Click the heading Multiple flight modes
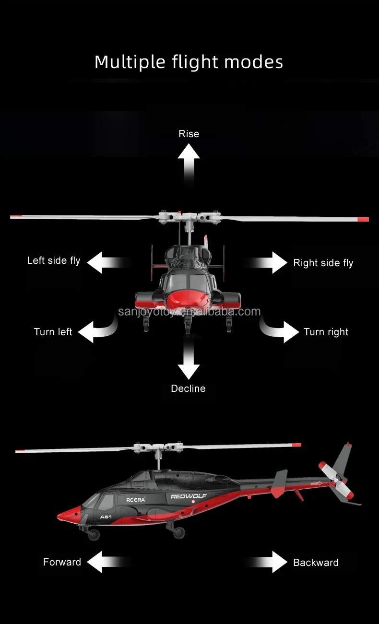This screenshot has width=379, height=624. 189,62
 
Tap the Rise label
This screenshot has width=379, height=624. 189,134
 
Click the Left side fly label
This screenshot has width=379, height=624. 54,260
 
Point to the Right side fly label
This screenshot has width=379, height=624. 323,263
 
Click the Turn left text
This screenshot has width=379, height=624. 53,332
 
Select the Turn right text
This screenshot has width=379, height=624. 326,332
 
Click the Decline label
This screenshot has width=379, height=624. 188,389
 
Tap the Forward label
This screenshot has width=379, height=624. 62,562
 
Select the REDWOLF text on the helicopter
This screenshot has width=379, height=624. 189,496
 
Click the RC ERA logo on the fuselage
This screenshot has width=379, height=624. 135,499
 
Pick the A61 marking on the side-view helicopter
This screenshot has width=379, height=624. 106,517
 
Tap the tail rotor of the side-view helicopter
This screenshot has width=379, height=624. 336,479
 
